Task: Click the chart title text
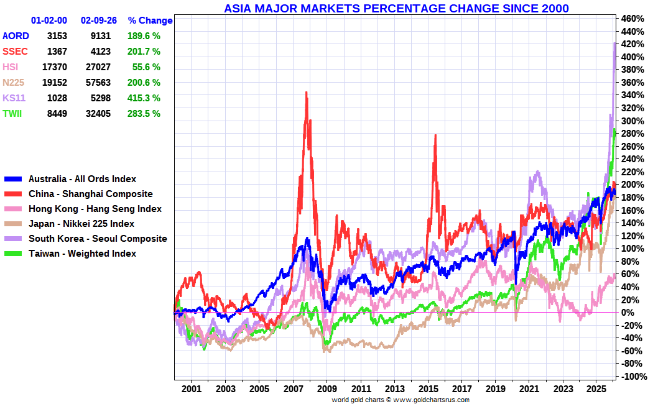396,8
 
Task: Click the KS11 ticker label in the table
14,98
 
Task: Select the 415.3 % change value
144,98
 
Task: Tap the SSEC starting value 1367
57,52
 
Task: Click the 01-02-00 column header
49,21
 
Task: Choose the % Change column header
150,21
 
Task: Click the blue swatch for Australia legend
13,179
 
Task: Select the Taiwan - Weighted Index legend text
83,254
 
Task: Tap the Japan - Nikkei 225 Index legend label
81,224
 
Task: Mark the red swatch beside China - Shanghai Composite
13,194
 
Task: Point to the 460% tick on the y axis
632,19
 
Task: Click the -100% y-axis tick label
633,377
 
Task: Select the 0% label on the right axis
628,313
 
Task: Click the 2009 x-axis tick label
327,389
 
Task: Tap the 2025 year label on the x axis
596,389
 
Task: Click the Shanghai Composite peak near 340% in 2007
307,93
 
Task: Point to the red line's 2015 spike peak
435,135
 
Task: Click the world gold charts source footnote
401,400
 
